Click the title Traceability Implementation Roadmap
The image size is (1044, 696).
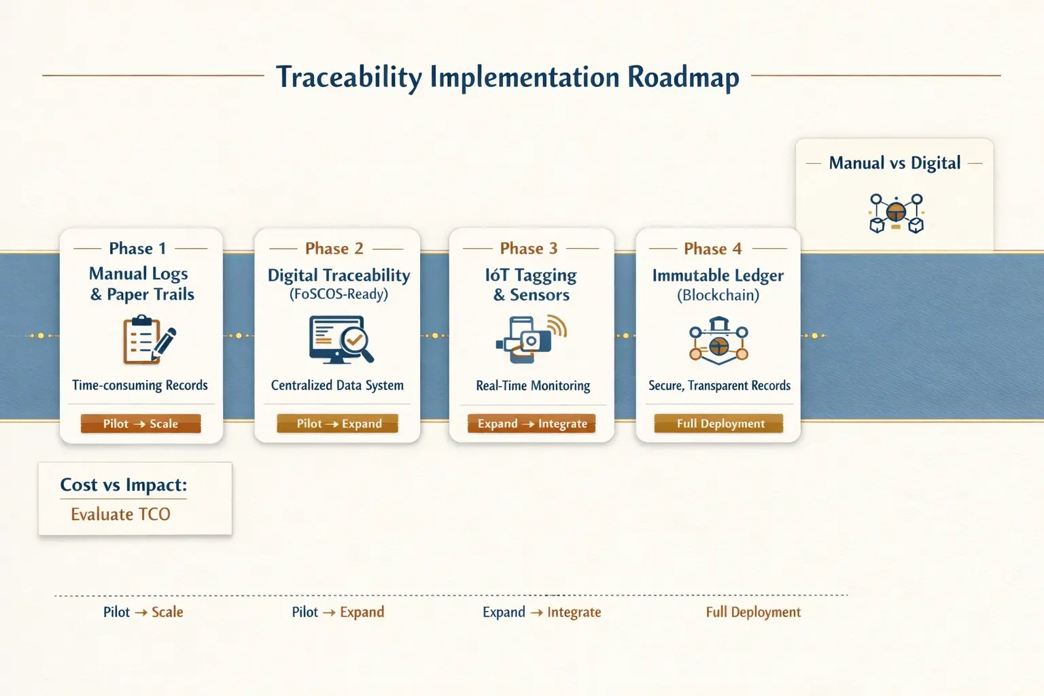pyautogui.click(x=507, y=77)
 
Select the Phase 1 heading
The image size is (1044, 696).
pyautogui.click(x=137, y=249)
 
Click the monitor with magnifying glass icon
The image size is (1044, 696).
pyautogui.click(x=341, y=340)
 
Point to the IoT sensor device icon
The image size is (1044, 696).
pyautogui.click(x=531, y=336)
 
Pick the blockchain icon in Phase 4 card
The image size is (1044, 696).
pyautogui.click(x=718, y=340)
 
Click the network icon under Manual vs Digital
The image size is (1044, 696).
pyautogui.click(x=896, y=213)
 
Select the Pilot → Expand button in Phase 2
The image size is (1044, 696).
pyautogui.click(x=338, y=423)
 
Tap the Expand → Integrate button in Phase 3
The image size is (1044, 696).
pyautogui.click(x=532, y=423)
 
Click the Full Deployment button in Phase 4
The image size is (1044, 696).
pyautogui.click(x=719, y=423)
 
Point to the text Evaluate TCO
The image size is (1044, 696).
pyautogui.click(x=120, y=515)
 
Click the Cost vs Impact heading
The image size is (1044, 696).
pyautogui.click(x=123, y=485)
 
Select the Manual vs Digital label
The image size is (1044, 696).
pyautogui.click(x=894, y=163)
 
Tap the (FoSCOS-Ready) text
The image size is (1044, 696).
pyautogui.click(x=338, y=294)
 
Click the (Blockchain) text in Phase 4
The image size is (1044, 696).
pyautogui.click(x=718, y=295)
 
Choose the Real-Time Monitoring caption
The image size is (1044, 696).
pyautogui.click(x=533, y=385)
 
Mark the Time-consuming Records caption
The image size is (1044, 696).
pyautogui.click(x=140, y=385)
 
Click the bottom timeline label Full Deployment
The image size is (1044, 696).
pyautogui.click(x=753, y=612)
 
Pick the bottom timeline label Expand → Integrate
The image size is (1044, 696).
pyautogui.click(x=542, y=612)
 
